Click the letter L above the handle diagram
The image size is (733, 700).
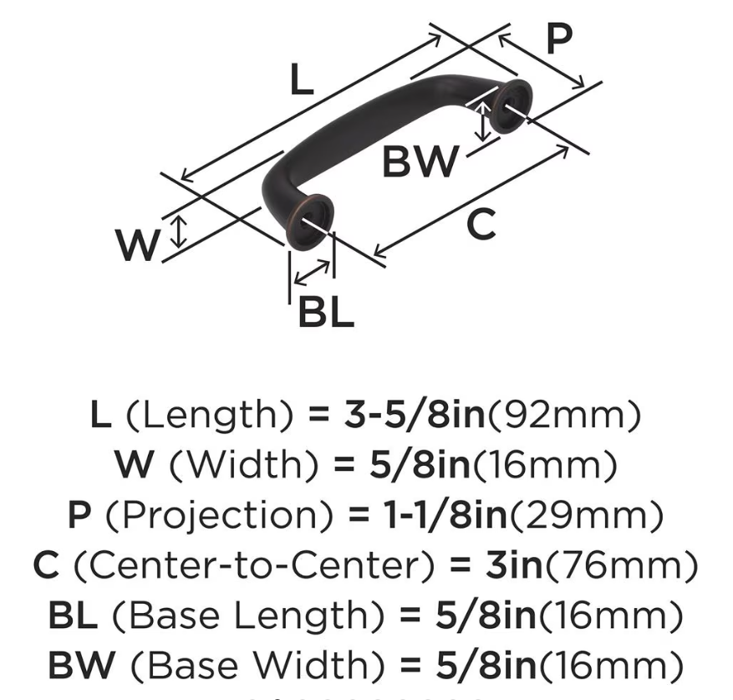[x=302, y=79]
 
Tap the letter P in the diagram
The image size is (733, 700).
[x=559, y=38]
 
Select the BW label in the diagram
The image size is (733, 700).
[x=420, y=161]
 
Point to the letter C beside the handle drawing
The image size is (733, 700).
[x=481, y=225]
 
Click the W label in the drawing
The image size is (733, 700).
[x=137, y=245]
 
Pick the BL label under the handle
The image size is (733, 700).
[x=326, y=312]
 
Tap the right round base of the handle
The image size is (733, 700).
[x=512, y=106]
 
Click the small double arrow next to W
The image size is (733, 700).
[x=178, y=231]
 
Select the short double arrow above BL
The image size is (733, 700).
[x=312, y=273]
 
